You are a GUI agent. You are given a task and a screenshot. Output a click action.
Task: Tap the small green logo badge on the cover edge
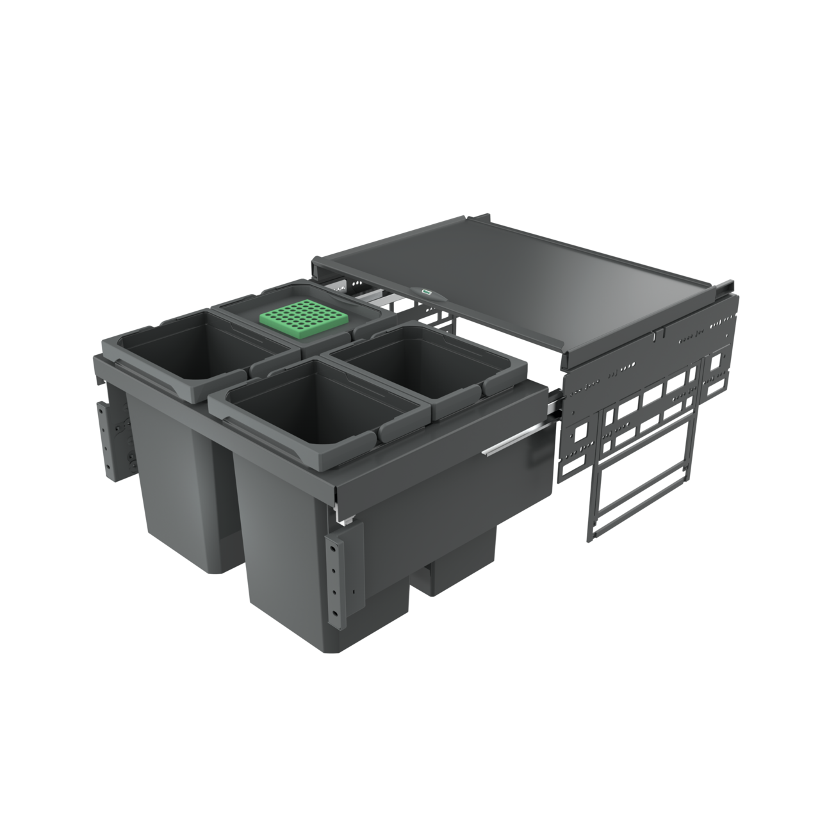click(x=427, y=293)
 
